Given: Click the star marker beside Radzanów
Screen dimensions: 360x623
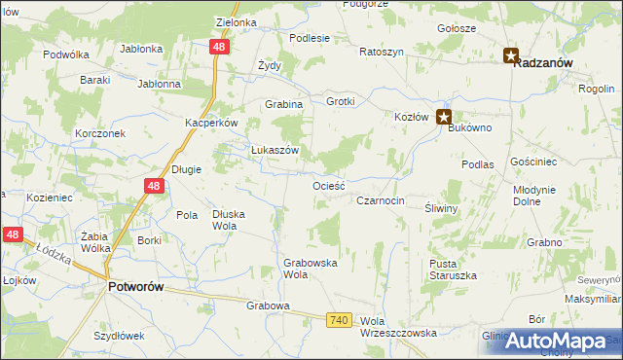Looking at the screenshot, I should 512,55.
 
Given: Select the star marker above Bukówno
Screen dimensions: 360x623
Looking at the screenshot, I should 444,119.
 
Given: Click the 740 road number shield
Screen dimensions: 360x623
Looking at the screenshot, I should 339,319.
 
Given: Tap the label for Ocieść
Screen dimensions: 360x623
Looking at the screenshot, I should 329,185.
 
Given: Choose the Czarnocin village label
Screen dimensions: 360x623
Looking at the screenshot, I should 380,200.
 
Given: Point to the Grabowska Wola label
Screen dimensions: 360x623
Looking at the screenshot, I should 310,268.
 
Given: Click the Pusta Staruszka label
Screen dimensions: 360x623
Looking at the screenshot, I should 453,270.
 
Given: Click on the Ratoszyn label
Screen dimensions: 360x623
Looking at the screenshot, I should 381,51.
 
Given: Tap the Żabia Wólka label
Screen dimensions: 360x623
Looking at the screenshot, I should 94,240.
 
